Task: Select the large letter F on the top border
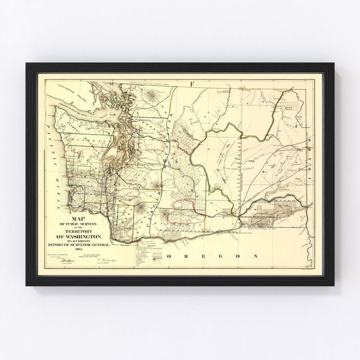(x=191, y=83)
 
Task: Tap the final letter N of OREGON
(x=256, y=256)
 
